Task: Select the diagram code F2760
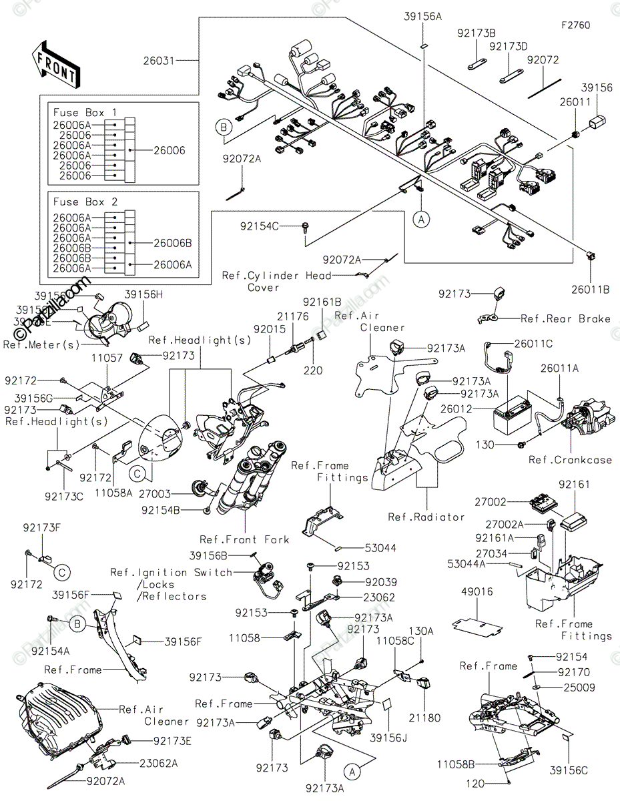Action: coord(575,25)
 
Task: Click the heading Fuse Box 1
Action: coord(85,112)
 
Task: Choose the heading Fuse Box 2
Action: coord(85,202)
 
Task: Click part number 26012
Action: coord(455,407)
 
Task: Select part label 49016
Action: coord(477,591)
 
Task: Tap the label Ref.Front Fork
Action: coord(244,539)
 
